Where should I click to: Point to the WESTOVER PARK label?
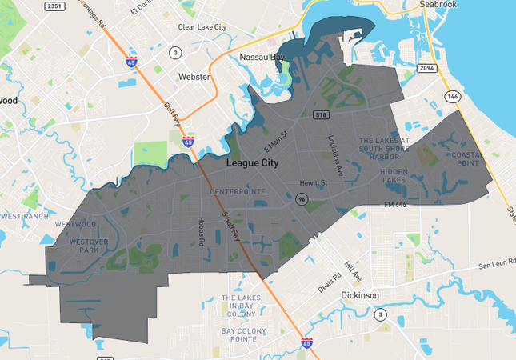coord(83,246)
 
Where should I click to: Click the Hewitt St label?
coord(314,183)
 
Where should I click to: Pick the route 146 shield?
coord(453,96)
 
